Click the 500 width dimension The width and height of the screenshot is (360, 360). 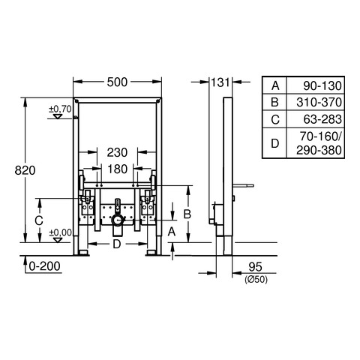(x=117, y=82)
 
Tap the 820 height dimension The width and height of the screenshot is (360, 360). (x=25, y=170)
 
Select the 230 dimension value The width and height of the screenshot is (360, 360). (x=117, y=152)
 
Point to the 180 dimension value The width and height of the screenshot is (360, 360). (x=118, y=169)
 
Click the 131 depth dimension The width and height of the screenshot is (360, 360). (x=220, y=82)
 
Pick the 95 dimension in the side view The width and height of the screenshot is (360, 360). (x=255, y=267)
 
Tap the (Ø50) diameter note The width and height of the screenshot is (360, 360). (x=256, y=279)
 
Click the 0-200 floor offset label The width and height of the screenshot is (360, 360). (x=44, y=266)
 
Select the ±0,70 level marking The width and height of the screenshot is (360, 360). (x=60, y=109)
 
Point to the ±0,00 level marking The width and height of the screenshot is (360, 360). (x=61, y=232)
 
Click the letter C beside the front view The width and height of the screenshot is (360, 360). (x=39, y=220)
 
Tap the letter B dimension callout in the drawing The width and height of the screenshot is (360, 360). (x=187, y=214)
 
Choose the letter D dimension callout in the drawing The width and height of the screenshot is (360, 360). (x=117, y=244)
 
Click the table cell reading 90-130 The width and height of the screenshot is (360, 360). (x=322, y=85)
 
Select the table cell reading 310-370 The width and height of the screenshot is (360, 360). (x=319, y=102)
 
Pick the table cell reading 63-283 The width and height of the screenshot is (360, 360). (x=322, y=119)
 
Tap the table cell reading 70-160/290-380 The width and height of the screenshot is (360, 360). (x=319, y=143)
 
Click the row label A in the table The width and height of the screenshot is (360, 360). (x=275, y=85)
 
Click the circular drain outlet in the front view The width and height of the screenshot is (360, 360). (x=118, y=220)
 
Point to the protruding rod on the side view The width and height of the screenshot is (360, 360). (x=243, y=186)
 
